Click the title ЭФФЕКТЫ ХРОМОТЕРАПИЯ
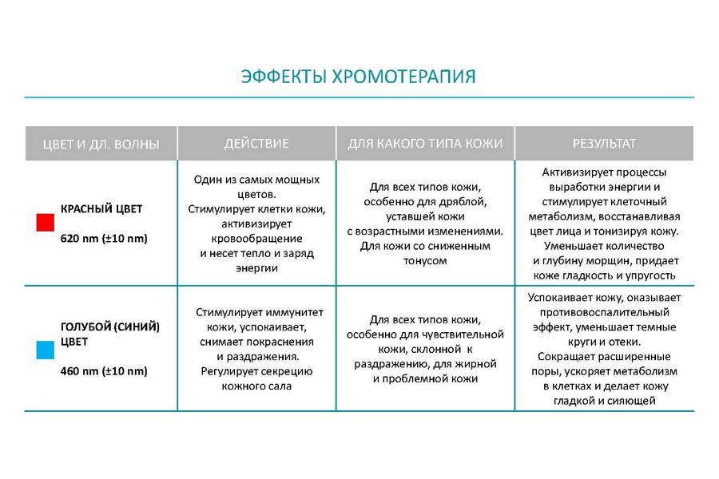358,77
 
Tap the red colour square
46,222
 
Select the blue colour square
46,350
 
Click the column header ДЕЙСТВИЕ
256,144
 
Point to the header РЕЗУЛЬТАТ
604,144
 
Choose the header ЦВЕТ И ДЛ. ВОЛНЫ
101,144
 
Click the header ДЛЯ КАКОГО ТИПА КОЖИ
425,144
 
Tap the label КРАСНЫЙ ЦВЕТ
101,209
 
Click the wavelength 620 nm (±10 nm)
104,239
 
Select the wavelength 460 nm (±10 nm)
104,371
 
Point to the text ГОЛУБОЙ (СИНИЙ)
110,327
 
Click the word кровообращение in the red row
256,239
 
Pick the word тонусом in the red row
425,261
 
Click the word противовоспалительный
604,313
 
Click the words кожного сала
256,386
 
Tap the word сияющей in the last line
634,401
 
